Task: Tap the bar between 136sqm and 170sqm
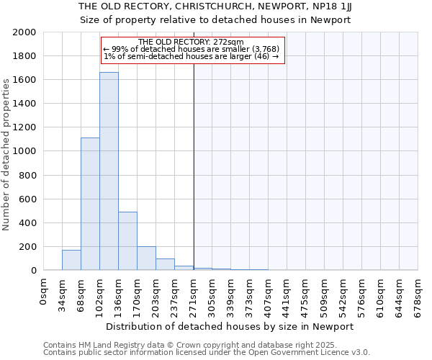pyautogui.click(x=127, y=241)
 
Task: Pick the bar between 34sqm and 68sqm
pyautogui.click(x=71, y=260)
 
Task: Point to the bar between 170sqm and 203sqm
pyautogui.click(x=146, y=258)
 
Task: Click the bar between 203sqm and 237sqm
pyautogui.click(x=165, y=264)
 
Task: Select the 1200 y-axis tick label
pyautogui.click(x=24, y=127)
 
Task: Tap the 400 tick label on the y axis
pyautogui.click(x=27, y=223)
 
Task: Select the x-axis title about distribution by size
pyautogui.click(x=234, y=326)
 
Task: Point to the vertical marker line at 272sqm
pyautogui.click(x=194, y=166)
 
